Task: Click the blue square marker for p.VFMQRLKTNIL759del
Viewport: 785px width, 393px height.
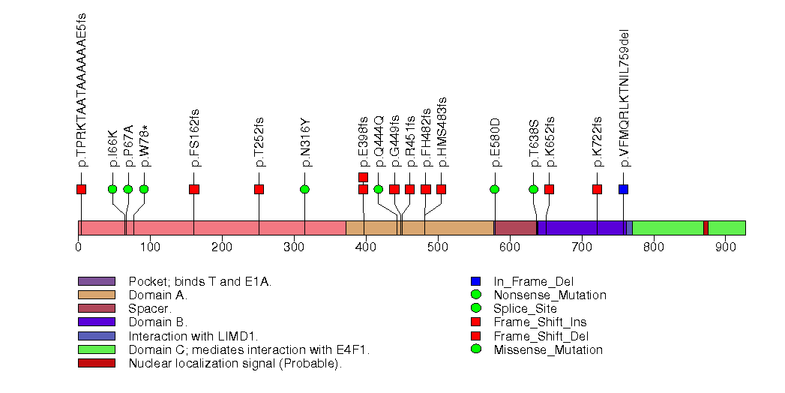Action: (x=623, y=189)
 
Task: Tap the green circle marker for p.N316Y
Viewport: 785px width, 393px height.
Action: (x=304, y=189)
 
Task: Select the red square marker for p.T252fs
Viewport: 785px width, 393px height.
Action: (x=259, y=189)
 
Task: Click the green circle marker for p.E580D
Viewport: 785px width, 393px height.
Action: (x=494, y=189)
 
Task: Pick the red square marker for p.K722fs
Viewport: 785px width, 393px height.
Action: (x=597, y=189)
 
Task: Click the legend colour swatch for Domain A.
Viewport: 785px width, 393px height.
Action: (x=96, y=295)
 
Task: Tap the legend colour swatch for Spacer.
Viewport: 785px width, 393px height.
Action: (x=96, y=308)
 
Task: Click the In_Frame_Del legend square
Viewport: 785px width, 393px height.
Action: (x=475, y=281)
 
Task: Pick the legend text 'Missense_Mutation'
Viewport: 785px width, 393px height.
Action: (x=548, y=349)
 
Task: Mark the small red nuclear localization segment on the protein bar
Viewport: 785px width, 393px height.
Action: (x=706, y=228)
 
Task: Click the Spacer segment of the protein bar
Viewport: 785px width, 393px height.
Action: (x=515, y=228)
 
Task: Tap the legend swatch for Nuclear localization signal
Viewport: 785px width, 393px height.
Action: (x=96, y=363)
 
